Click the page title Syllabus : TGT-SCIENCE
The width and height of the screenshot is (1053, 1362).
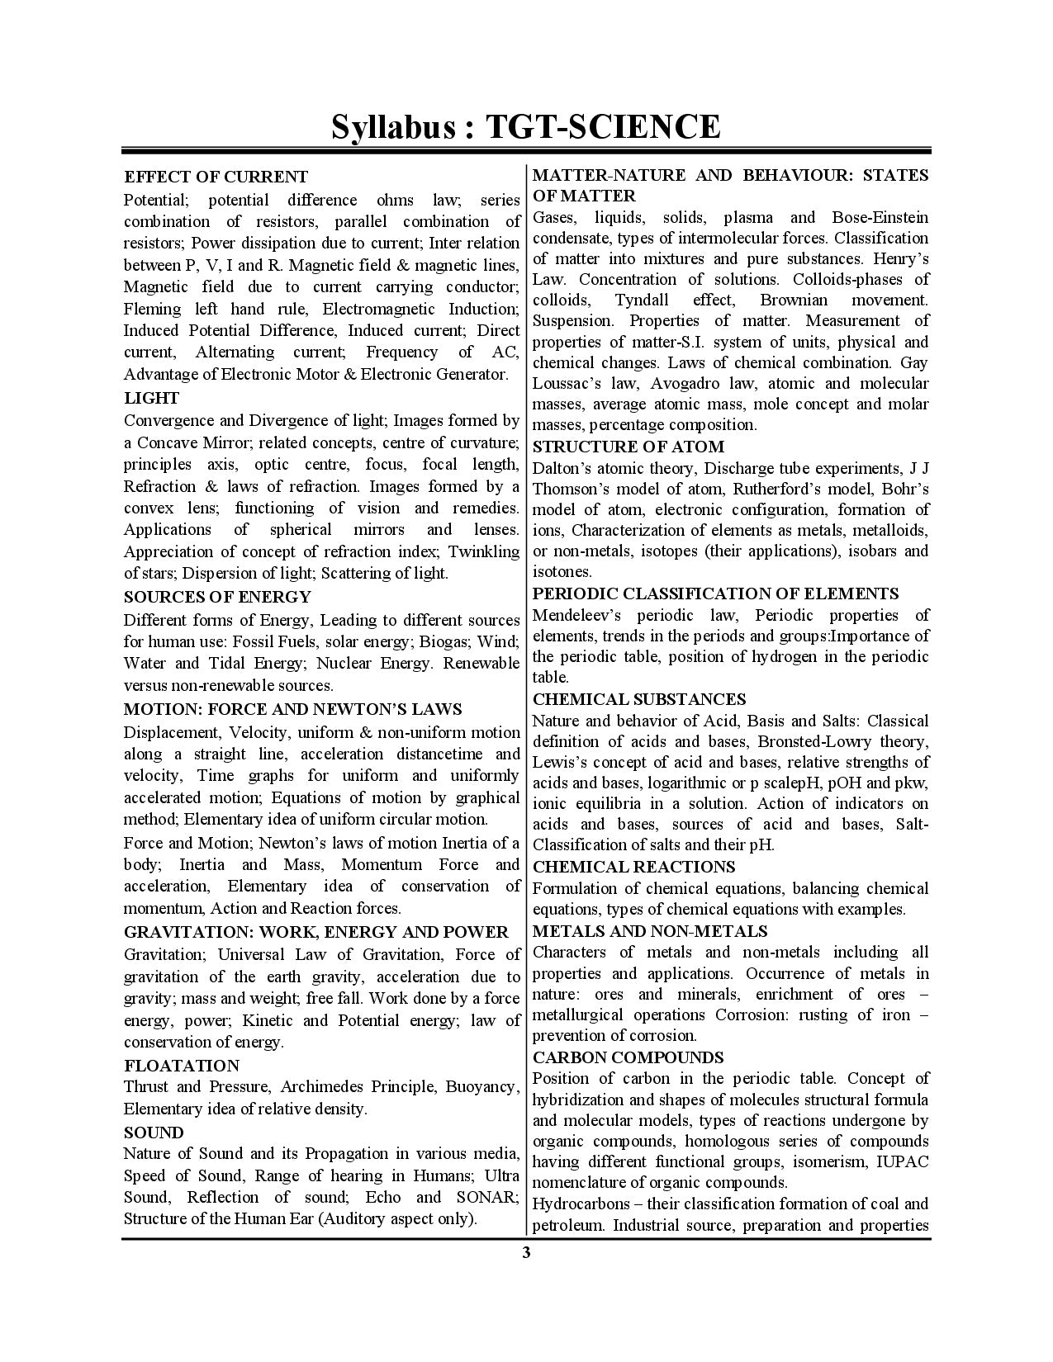pyautogui.click(x=526, y=126)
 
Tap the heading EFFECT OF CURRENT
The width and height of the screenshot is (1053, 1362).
pyautogui.click(x=216, y=177)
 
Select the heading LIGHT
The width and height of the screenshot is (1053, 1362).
pyautogui.click(x=151, y=398)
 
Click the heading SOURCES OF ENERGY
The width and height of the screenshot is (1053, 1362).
pyautogui.click(x=217, y=597)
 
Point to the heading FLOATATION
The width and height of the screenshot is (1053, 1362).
pyautogui.click(x=182, y=1065)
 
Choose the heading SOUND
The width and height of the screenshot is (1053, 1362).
pyautogui.click(x=154, y=1133)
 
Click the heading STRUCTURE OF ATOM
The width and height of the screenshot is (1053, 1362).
pyautogui.click(x=628, y=447)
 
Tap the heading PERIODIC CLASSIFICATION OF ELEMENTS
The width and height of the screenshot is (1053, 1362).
pyautogui.click(x=715, y=594)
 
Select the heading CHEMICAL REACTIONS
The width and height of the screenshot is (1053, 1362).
pyautogui.click(x=633, y=867)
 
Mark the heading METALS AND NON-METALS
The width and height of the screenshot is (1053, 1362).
pyautogui.click(x=650, y=931)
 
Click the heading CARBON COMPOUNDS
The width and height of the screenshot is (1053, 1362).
pyautogui.click(x=628, y=1057)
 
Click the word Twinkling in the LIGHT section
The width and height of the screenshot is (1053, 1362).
pyautogui.click(x=481, y=551)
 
